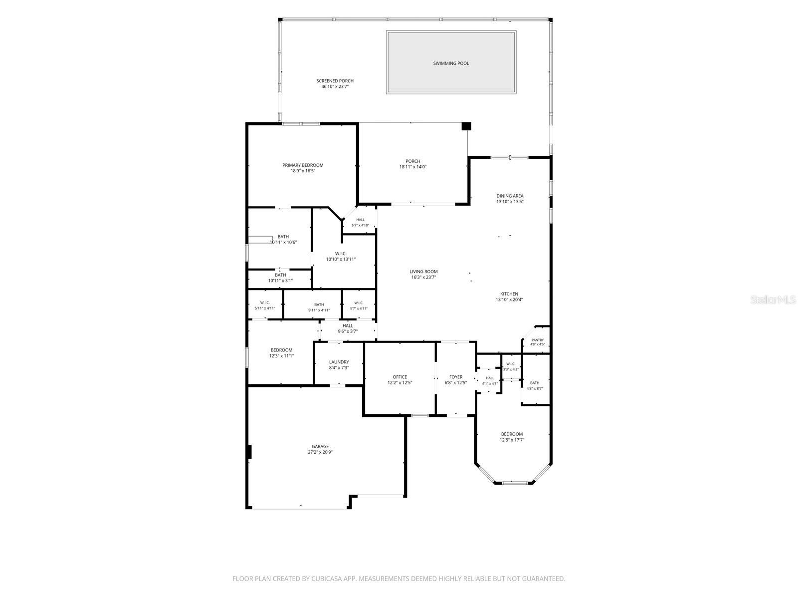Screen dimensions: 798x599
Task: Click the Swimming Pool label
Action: point(451,63)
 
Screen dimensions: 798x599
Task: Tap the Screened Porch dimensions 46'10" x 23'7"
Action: point(335,86)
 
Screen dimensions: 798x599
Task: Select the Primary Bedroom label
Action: point(303,165)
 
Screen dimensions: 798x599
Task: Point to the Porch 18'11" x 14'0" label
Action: point(412,164)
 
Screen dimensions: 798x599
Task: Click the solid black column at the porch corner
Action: point(466,126)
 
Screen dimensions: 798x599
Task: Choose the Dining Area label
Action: point(510,196)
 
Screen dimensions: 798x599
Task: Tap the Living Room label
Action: point(423,272)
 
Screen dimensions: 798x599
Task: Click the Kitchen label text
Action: point(509,294)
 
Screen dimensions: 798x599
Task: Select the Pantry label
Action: point(537,340)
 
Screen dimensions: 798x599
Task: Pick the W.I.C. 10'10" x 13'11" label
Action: point(341,257)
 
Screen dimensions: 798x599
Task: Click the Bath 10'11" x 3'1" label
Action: point(280,278)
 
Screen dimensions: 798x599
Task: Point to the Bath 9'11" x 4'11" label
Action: point(319,307)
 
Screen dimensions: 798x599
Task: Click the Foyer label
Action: point(456,377)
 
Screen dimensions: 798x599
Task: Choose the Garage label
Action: point(320,447)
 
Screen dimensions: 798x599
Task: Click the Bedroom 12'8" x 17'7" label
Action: point(512,437)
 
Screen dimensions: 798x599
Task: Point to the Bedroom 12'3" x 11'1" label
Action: point(281,353)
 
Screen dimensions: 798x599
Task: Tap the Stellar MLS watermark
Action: point(773,299)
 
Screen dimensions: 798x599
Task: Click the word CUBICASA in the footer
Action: point(327,579)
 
